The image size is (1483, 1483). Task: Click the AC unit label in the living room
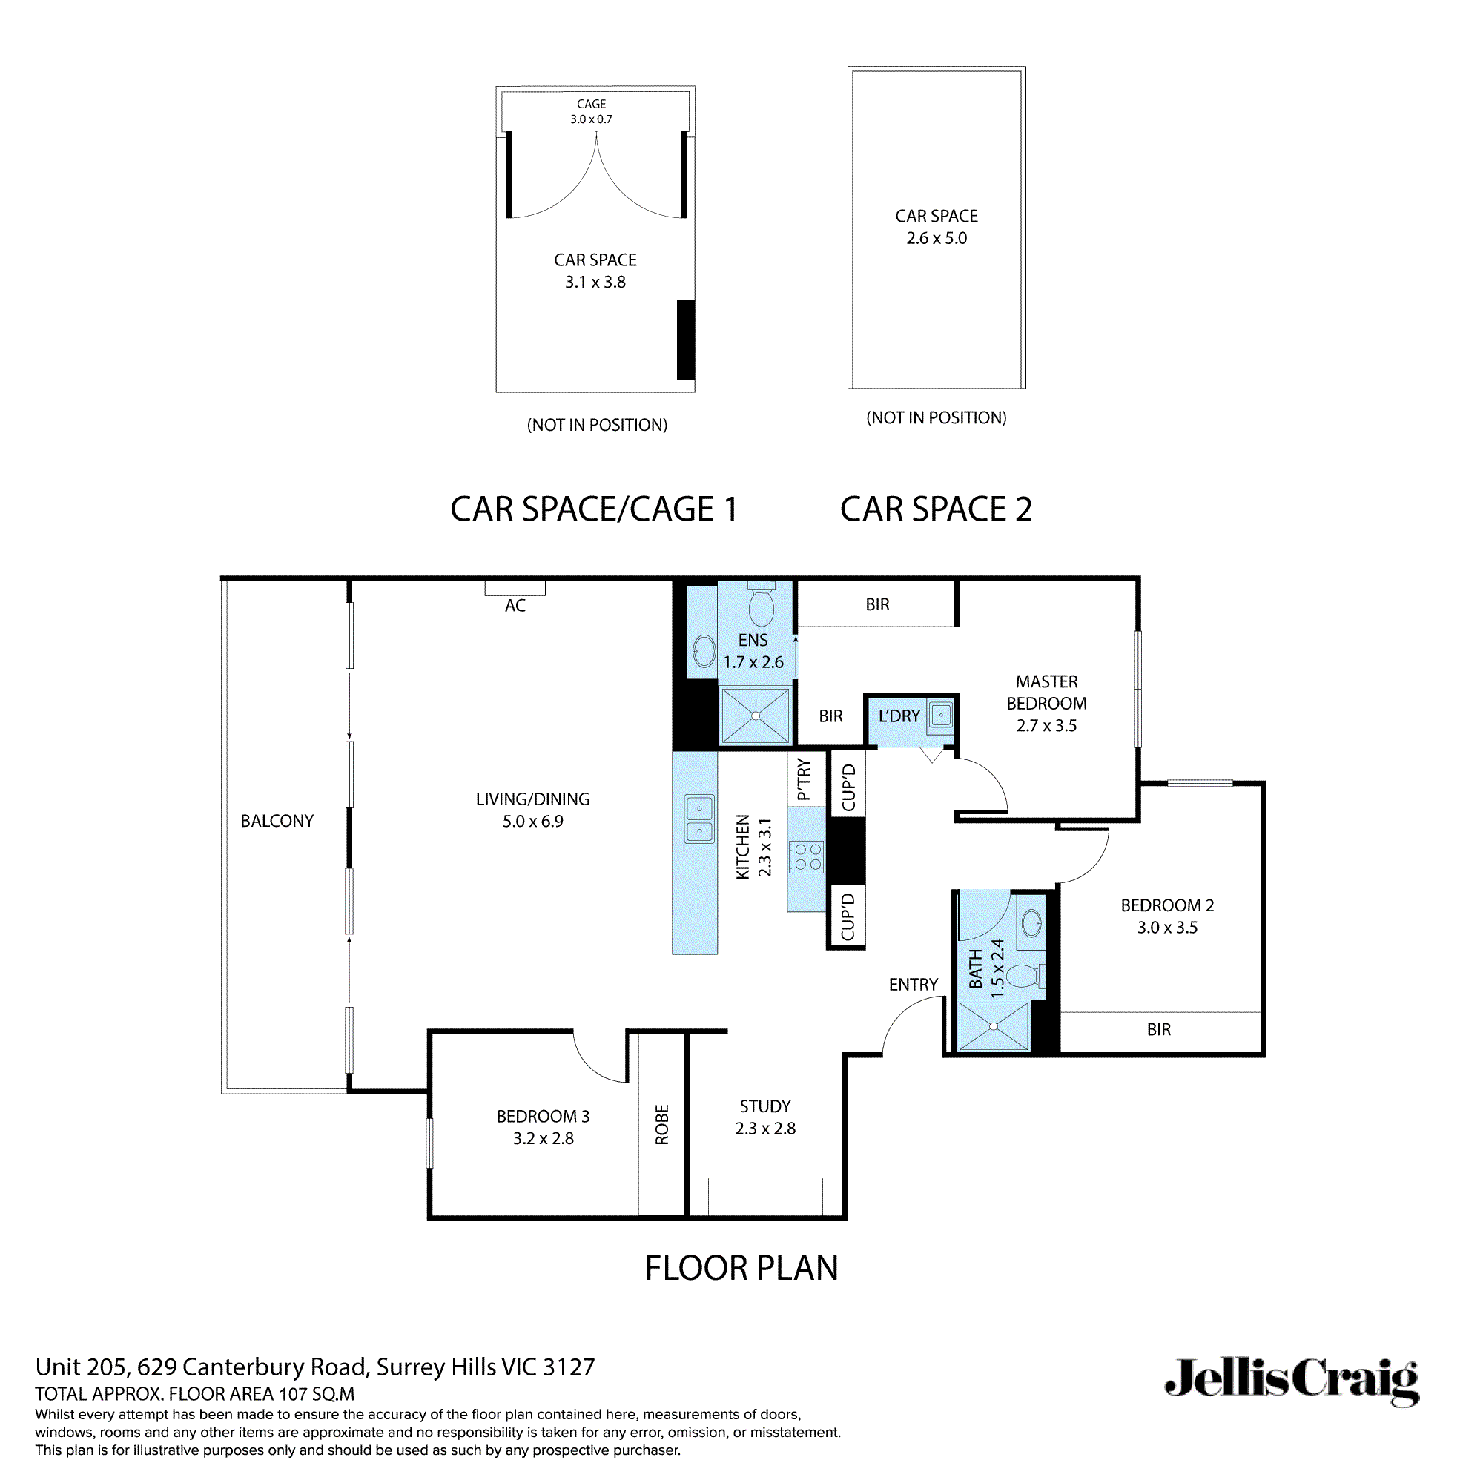(x=515, y=606)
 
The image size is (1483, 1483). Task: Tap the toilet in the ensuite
(x=761, y=607)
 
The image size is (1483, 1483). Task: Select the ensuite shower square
(x=756, y=716)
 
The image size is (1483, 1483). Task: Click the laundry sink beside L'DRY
(x=941, y=716)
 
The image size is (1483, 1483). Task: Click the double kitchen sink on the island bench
(x=699, y=820)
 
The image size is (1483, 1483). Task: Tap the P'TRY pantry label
(x=804, y=780)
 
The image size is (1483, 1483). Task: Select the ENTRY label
(x=914, y=985)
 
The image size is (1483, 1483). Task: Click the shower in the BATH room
(x=994, y=1026)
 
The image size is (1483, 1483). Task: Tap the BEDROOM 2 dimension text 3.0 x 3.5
(x=1166, y=928)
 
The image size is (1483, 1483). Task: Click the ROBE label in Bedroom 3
(x=661, y=1125)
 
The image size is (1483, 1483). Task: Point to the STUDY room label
(x=764, y=1106)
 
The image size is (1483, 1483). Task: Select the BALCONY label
(x=277, y=821)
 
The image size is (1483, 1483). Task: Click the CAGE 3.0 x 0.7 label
(x=591, y=111)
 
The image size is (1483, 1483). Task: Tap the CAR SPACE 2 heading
(x=936, y=509)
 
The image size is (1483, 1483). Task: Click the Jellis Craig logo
(x=1291, y=1379)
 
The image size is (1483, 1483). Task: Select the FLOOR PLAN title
(x=741, y=1268)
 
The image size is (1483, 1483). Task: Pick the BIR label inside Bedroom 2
(x=1158, y=1029)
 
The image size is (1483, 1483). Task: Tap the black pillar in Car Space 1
(x=685, y=340)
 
